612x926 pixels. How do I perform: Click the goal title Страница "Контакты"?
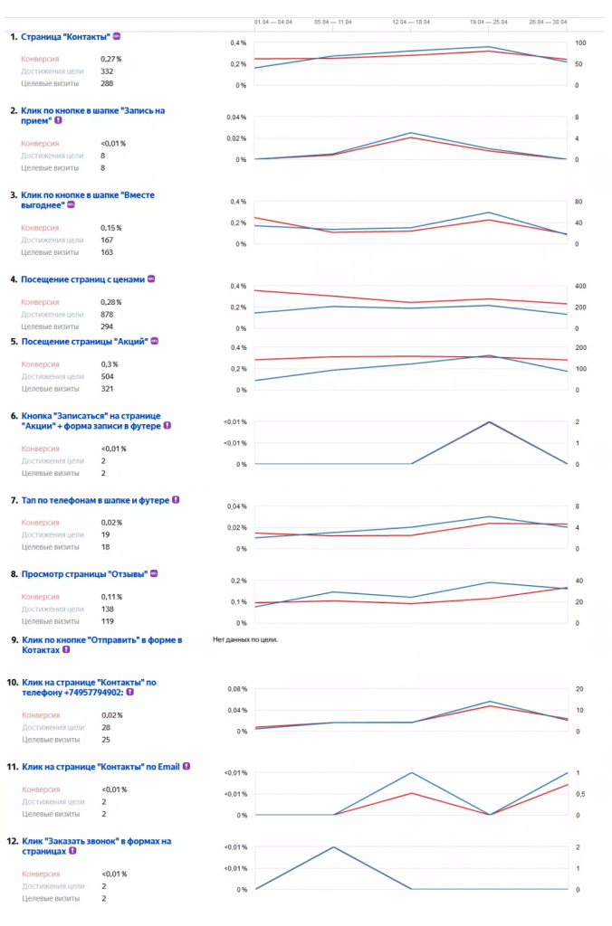[65, 36]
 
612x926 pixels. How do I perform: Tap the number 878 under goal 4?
[109, 314]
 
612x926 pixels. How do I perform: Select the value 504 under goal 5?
[109, 376]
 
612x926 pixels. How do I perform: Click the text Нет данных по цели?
[244, 639]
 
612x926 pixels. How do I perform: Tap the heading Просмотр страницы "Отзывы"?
[84, 573]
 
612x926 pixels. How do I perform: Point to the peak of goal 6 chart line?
[490, 422]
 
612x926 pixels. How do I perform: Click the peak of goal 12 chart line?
[334, 847]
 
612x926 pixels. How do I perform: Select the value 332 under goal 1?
[108, 71]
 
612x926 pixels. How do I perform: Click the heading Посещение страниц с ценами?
[82, 279]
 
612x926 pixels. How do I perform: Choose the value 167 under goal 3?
[108, 240]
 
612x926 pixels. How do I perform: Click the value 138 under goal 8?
[109, 609]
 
